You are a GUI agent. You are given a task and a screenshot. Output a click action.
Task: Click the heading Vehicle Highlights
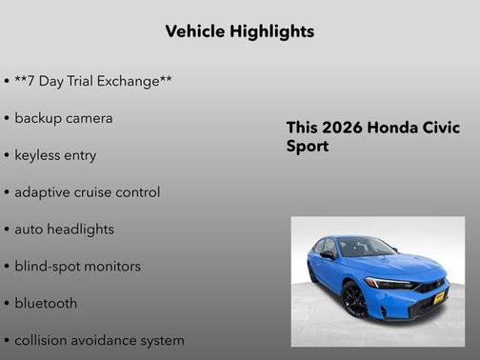click(x=239, y=31)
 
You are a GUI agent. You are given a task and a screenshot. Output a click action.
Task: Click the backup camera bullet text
click(x=64, y=118)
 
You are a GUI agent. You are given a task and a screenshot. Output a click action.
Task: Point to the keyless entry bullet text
click(x=55, y=155)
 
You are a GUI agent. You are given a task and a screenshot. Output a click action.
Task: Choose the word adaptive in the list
click(x=45, y=192)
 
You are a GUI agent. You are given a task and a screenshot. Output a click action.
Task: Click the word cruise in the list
click(x=101, y=192)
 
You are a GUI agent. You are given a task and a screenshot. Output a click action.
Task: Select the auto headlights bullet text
click(x=64, y=230)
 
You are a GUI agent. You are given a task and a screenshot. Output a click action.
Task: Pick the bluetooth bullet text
click(x=46, y=304)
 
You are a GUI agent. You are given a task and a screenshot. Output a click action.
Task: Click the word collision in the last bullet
click(x=43, y=340)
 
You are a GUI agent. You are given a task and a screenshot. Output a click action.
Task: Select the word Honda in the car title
click(x=390, y=129)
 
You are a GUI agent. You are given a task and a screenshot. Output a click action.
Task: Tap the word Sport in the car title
click(x=308, y=148)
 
